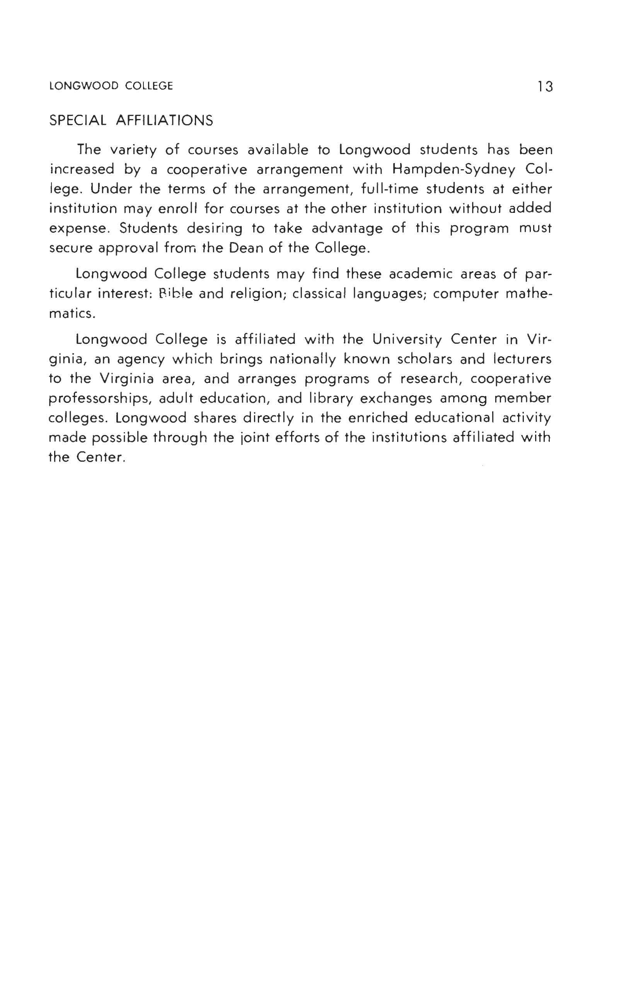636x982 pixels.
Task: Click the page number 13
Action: [x=545, y=87]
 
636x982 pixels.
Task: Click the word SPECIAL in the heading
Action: [x=78, y=121]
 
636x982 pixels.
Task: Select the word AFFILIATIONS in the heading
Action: [x=164, y=121]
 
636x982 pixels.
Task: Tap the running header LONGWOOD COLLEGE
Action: [x=111, y=86]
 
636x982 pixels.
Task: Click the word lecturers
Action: [x=522, y=359]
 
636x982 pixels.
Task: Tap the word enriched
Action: [x=377, y=418]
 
